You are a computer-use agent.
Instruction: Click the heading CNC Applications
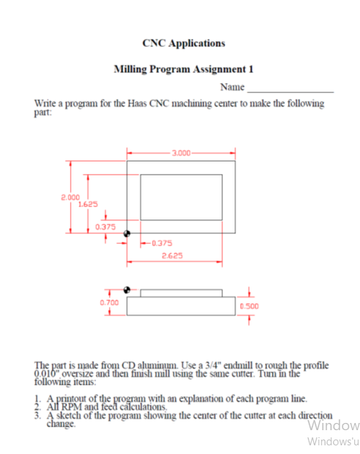point(183,43)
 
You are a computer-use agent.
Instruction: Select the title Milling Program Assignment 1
point(183,69)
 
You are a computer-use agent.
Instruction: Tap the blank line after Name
point(289,89)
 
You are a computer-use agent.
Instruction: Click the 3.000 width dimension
point(181,153)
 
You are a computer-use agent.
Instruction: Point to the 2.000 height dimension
point(70,196)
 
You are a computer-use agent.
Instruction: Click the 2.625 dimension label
point(171,256)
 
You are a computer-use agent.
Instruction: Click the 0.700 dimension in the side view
point(108,302)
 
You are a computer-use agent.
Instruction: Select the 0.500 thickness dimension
point(249,306)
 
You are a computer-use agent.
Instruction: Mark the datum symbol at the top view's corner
point(127,233)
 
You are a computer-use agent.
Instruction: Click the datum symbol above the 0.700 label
point(128,289)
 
